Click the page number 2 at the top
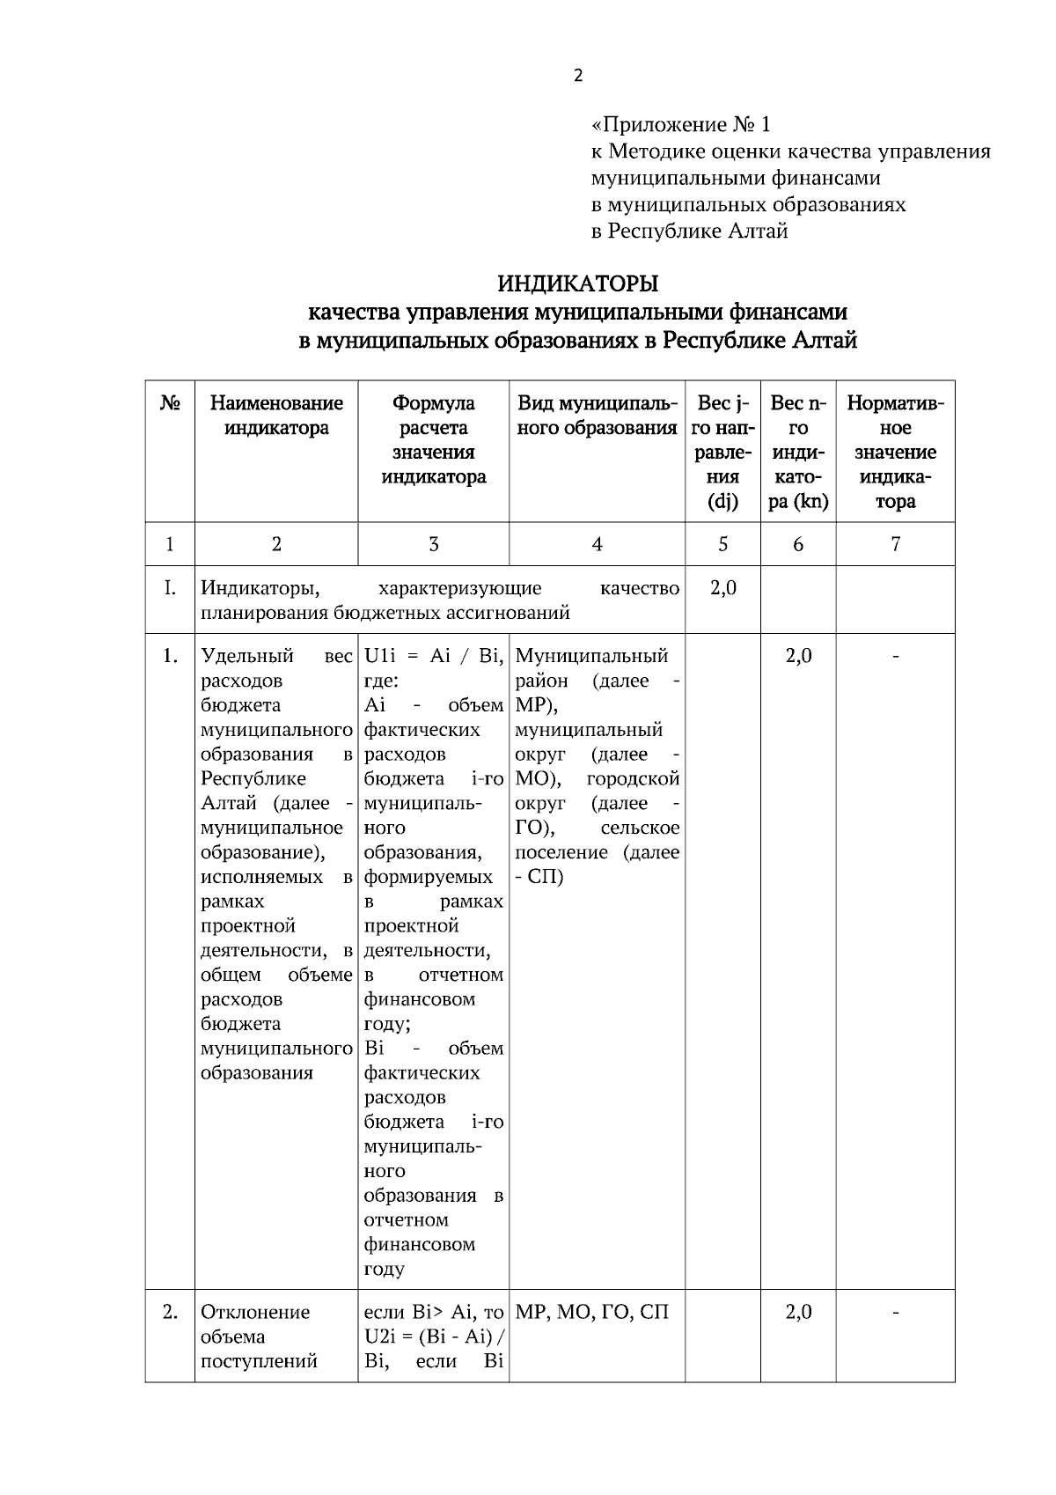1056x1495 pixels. pos(578,77)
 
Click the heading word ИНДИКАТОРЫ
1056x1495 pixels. pos(577,284)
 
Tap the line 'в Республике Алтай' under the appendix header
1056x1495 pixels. pos(688,232)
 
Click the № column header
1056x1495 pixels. pos(170,403)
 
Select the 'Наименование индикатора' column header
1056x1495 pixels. pos(276,416)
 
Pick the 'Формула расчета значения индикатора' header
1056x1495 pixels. pos(433,440)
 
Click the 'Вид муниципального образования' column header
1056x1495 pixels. pos(597,416)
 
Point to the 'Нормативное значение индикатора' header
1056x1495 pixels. pos(895,452)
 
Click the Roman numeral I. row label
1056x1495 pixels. pos(170,588)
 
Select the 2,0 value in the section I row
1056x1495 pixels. pos(722,588)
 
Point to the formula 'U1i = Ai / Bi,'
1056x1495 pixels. pos(433,656)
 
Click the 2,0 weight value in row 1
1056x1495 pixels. pos(797,656)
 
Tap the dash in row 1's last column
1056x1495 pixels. pos(895,656)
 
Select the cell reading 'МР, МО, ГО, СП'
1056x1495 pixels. pos(591,1313)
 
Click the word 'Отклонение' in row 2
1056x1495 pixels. pos(255,1313)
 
